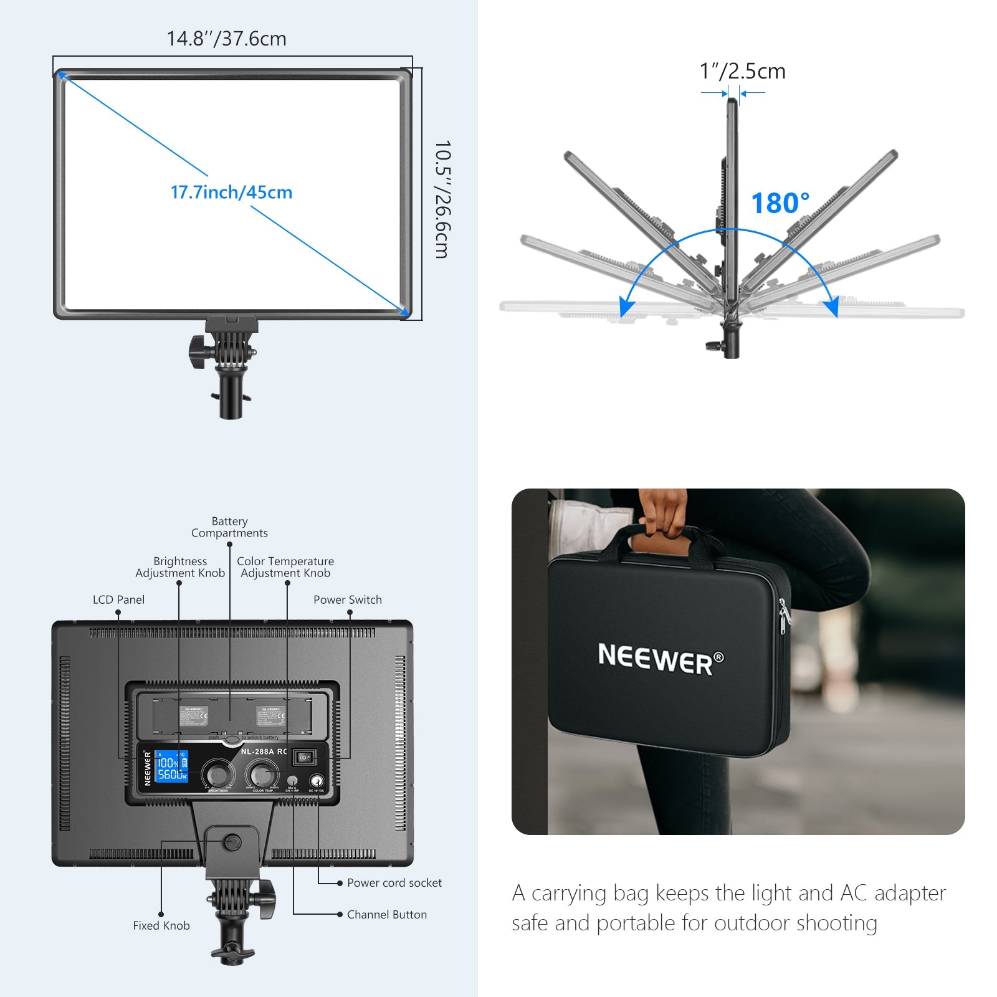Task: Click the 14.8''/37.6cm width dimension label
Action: [x=226, y=39]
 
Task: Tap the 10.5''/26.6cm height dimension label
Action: [x=442, y=199]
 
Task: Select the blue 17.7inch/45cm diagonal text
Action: [x=231, y=192]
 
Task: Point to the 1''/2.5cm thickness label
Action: [x=742, y=71]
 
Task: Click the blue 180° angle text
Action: [x=780, y=203]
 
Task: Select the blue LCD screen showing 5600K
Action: [x=171, y=767]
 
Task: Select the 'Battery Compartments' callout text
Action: [x=229, y=527]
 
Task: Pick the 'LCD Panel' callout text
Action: [x=118, y=599]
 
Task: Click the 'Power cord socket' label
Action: [x=394, y=883]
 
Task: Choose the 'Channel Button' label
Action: [x=387, y=915]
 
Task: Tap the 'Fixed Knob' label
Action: [x=161, y=926]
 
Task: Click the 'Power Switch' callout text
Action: [x=348, y=599]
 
